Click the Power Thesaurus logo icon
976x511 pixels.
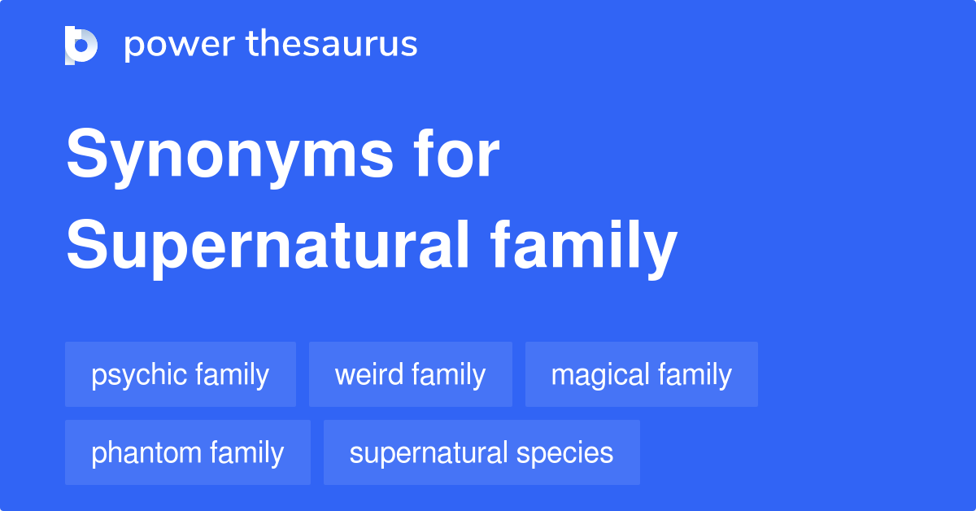click(x=81, y=45)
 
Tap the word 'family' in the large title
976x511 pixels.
click(x=585, y=247)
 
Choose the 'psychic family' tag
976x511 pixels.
click(x=180, y=374)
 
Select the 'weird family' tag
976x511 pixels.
click(x=410, y=374)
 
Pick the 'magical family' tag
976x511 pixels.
click(x=641, y=374)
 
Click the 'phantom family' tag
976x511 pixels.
click(x=187, y=452)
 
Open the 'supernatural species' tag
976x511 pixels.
click(x=481, y=452)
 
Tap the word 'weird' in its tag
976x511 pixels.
click(x=368, y=374)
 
